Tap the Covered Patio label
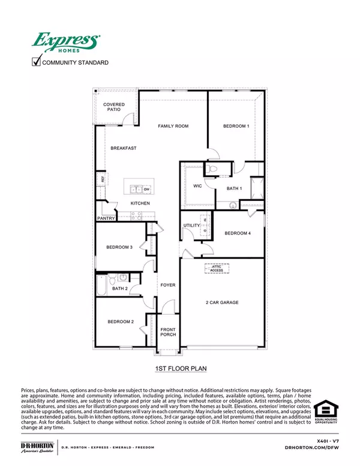click(113, 107)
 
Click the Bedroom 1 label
click(236, 126)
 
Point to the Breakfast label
click(122, 148)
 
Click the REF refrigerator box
click(103, 179)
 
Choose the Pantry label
click(106, 219)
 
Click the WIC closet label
click(197, 187)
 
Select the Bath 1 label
click(234, 189)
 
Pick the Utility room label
click(191, 224)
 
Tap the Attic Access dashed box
click(217, 269)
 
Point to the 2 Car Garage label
click(222, 302)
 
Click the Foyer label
click(167, 285)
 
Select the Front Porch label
click(168, 332)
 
